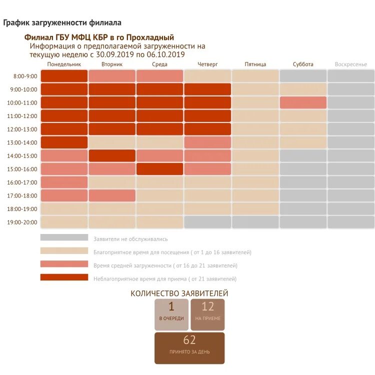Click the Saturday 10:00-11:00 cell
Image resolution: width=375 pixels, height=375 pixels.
pos(303,102)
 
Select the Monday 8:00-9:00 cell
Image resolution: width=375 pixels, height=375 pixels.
pos(64,76)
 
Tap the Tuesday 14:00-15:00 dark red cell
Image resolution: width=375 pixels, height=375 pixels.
pos(112,155)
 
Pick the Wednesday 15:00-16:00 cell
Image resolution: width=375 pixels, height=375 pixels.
pos(159,169)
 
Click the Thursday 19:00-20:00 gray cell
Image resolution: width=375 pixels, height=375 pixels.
pos(207,222)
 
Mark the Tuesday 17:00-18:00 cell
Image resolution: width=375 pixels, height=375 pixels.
pos(112,195)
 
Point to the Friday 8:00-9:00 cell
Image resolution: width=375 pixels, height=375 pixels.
pos(255,76)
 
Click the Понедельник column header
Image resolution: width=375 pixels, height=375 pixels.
pos(64,64)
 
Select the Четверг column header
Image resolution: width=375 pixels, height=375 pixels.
pos(207,64)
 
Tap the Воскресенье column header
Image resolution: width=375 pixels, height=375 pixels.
pos(350,64)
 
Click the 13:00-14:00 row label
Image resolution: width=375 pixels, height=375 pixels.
pos(25,142)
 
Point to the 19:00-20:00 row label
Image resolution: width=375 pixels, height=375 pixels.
pos(25,222)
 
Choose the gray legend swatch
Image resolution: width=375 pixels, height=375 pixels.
pos(64,238)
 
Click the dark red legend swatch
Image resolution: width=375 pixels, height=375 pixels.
pos(64,277)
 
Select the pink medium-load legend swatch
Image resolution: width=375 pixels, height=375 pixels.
pos(64,264)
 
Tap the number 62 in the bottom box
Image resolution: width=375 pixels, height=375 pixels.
pos(189,340)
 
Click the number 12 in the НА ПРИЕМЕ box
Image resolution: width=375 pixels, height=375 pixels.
pos(207,306)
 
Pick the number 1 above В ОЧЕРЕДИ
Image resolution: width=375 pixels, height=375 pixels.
pos(171,306)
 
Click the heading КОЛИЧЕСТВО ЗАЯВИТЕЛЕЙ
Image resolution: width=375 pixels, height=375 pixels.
pos(179,293)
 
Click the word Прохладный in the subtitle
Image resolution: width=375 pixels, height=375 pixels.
pos(150,37)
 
